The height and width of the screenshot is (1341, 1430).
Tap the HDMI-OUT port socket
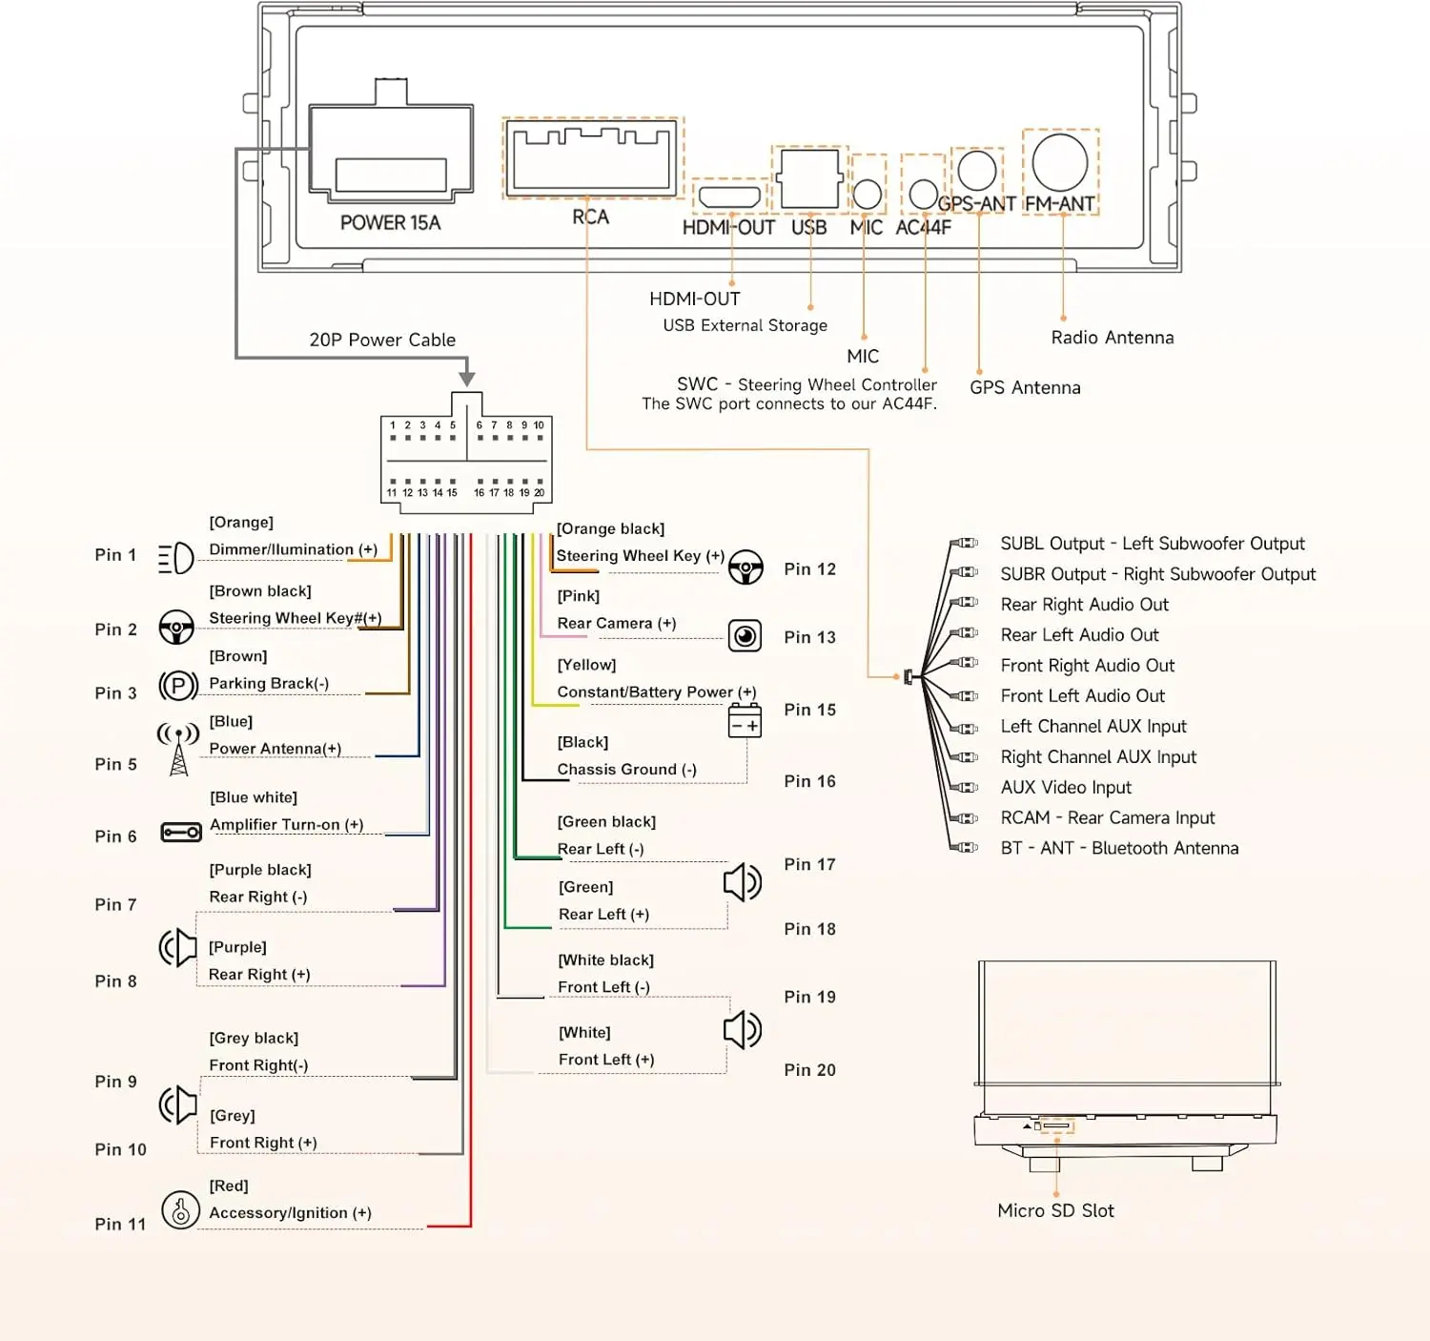click(x=728, y=196)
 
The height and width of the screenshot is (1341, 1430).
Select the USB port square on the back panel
click(x=809, y=178)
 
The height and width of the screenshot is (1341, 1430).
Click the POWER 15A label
click(x=390, y=222)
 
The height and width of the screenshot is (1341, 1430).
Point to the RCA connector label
click(x=590, y=217)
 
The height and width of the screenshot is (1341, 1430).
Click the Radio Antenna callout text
click(x=1112, y=338)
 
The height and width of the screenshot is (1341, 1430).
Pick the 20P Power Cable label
click(x=382, y=340)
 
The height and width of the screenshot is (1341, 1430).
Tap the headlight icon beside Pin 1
click(x=175, y=558)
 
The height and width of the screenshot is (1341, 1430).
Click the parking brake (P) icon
click(x=178, y=685)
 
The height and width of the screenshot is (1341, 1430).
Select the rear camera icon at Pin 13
click(x=745, y=635)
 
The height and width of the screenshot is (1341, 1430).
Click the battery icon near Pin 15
click(x=745, y=721)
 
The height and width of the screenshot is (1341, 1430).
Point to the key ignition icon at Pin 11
click(x=180, y=1209)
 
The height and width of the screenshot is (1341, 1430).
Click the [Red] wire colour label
click(x=229, y=1186)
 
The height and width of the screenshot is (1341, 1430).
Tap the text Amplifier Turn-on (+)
click(x=287, y=824)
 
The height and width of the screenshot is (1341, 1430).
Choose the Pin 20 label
click(x=809, y=1070)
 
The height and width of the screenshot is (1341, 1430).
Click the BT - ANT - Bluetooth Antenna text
click(x=1119, y=848)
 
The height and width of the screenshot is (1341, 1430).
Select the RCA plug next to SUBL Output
click(x=964, y=543)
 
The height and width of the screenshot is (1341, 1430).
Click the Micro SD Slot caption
click(x=1054, y=1210)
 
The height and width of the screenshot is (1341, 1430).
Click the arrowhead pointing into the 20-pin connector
click(x=466, y=379)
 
